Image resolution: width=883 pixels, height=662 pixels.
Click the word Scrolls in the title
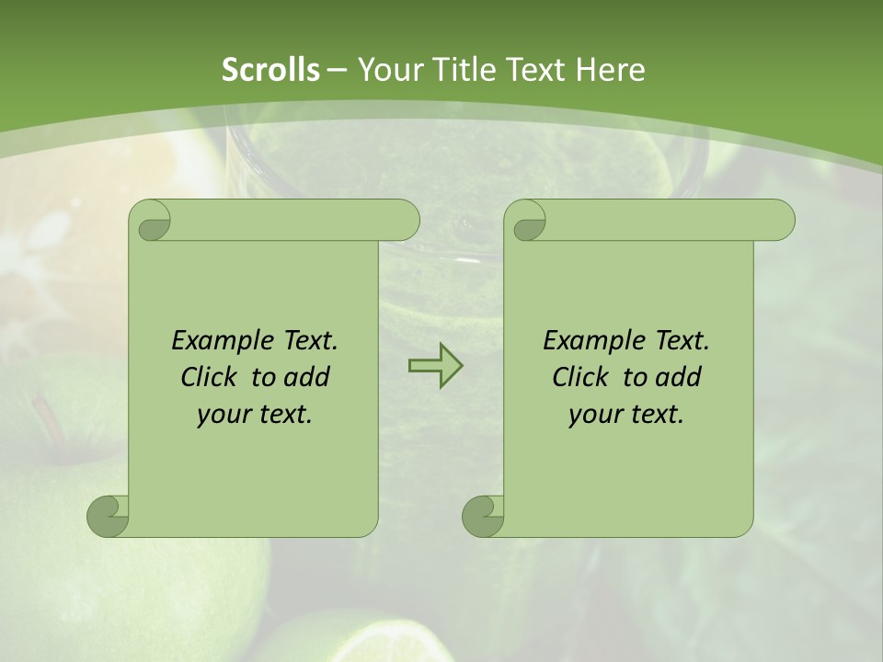click(x=270, y=70)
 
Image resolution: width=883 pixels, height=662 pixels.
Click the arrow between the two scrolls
click(x=435, y=365)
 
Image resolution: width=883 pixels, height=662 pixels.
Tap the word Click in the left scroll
click(x=212, y=377)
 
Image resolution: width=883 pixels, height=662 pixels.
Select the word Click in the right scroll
click(x=583, y=377)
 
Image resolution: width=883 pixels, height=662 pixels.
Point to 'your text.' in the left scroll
click(x=255, y=414)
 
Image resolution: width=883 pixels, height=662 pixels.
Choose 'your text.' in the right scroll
click(x=626, y=414)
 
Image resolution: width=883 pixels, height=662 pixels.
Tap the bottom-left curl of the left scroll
click(x=108, y=515)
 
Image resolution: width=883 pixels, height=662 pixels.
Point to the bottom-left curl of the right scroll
click(x=483, y=515)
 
